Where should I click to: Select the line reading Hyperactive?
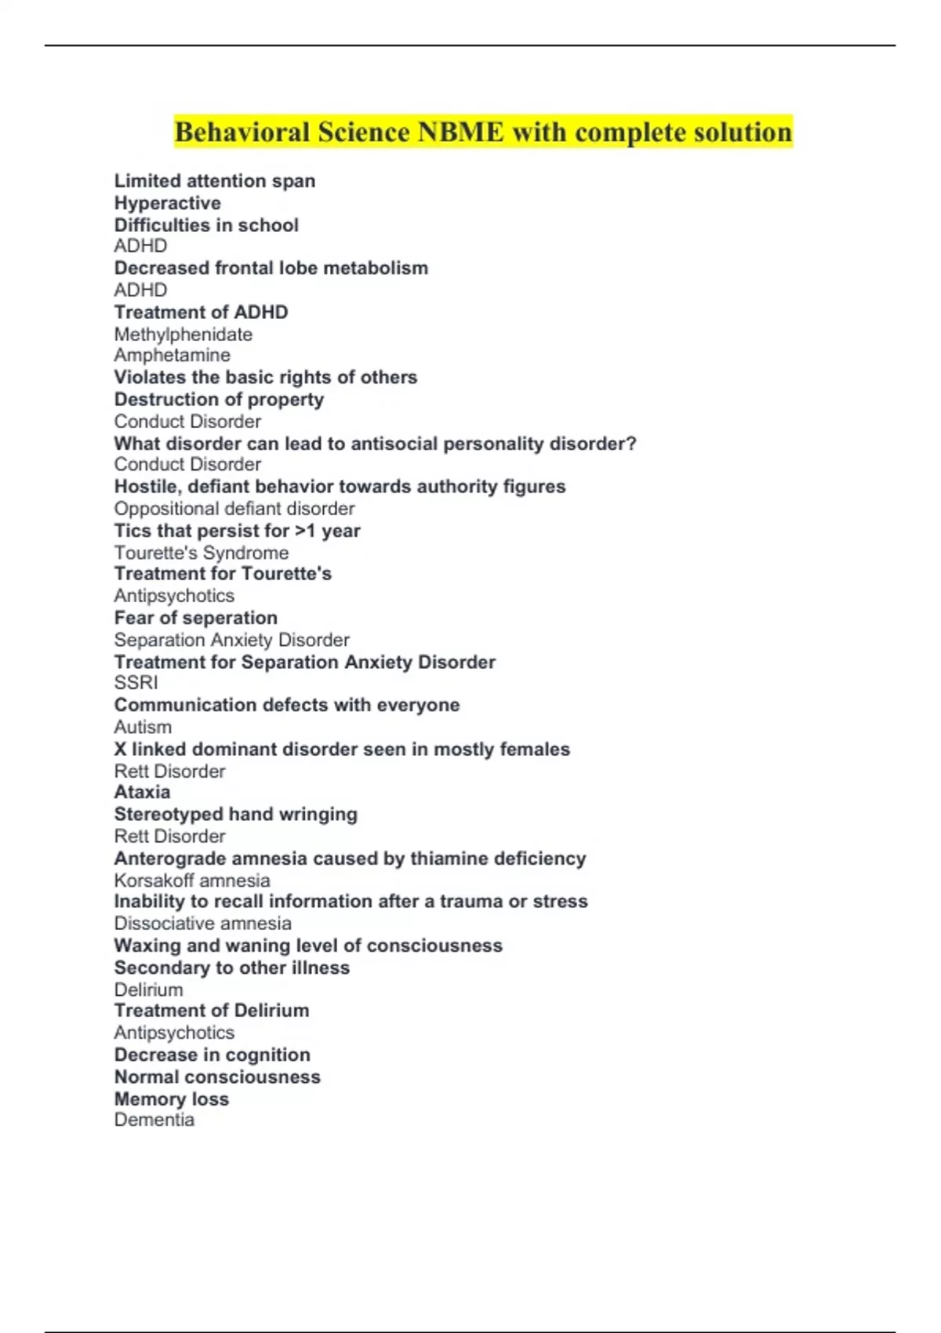coord(167,203)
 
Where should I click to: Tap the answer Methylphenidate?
coord(183,335)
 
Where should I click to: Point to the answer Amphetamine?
coord(172,355)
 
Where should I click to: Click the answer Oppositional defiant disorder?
coord(234,508)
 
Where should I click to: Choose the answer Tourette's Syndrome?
coord(201,553)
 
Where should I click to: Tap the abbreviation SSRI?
coord(136,683)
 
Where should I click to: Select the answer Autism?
coord(143,727)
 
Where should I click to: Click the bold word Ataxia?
coord(142,792)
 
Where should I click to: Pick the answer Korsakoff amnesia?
coord(191,881)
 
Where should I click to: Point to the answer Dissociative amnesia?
coord(202,924)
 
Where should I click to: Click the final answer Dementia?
coord(154,1120)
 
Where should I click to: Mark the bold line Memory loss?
coord(171,1099)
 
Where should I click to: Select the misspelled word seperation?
coord(230,618)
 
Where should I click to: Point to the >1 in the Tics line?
coord(305,531)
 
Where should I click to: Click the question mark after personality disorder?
coord(631,444)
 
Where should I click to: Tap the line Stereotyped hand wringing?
coord(235,814)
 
